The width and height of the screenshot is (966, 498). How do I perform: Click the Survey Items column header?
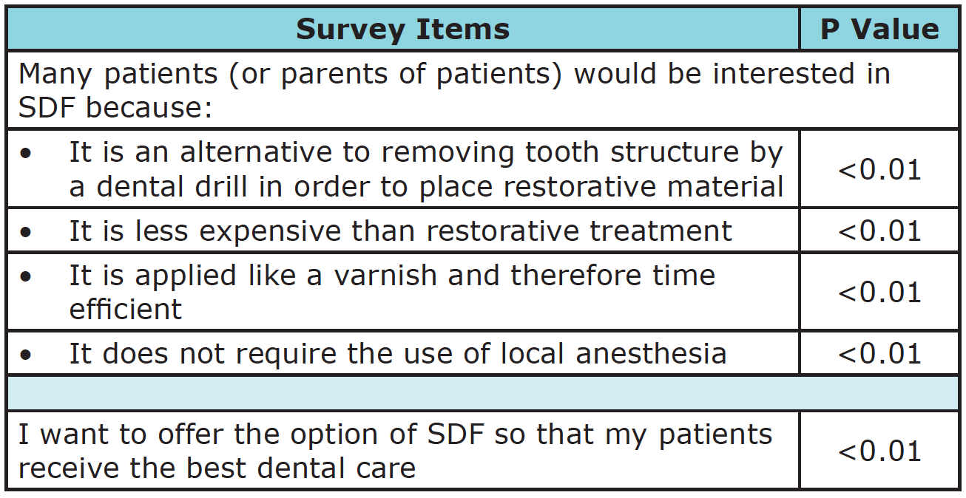point(403,30)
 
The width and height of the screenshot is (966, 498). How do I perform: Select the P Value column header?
point(879,30)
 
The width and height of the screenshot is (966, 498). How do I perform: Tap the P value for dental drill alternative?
point(879,170)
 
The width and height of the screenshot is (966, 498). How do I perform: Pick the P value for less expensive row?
point(879,231)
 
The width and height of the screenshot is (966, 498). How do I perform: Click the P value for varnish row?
point(879,293)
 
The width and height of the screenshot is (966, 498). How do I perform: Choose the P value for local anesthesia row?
point(879,354)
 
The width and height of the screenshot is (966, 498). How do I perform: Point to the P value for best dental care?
point(879,451)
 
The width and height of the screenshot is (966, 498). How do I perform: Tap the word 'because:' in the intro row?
point(149,107)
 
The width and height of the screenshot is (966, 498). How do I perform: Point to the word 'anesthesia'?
point(651,354)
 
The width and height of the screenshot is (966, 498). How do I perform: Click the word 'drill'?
point(222,186)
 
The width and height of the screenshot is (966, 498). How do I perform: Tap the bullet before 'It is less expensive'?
point(26,233)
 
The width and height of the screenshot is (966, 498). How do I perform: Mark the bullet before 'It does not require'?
point(26,355)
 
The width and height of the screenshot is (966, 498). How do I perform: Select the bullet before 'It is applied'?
point(26,276)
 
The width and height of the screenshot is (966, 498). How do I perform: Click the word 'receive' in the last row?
point(69,468)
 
